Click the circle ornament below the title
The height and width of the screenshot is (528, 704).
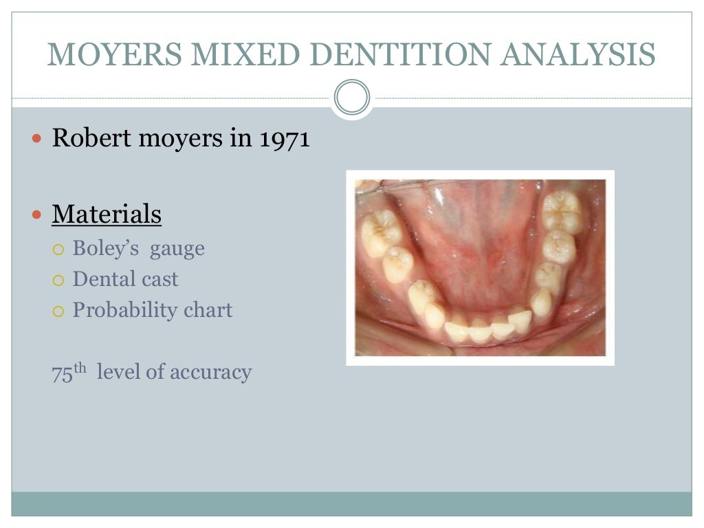[x=352, y=98]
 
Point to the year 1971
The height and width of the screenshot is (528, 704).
[x=285, y=138]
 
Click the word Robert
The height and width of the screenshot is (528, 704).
[x=91, y=138]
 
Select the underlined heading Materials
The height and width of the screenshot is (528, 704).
[x=107, y=214]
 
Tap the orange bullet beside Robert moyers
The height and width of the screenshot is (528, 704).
[x=38, y=139]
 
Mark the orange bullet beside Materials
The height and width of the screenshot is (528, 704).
[x=38, y=215]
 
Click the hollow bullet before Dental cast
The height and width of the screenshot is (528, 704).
[x=58, y=280]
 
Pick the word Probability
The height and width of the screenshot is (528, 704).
[x=122, y=311]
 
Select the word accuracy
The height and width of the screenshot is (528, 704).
[x=210, y=373]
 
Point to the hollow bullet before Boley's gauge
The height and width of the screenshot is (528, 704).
[x=58, y=249]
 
